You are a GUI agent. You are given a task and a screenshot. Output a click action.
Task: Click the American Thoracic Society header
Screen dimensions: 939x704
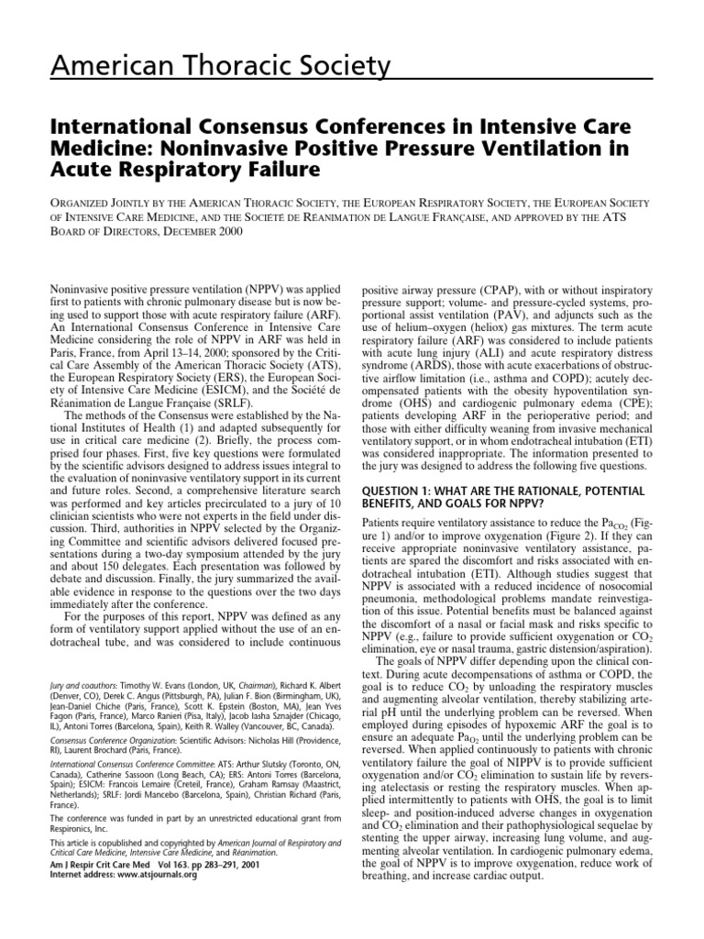point(196,65)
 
